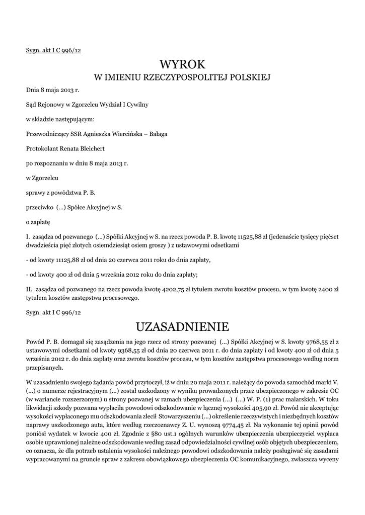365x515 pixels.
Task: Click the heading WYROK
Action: click(182, 64)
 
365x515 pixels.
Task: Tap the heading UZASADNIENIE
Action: click(182, 327)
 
